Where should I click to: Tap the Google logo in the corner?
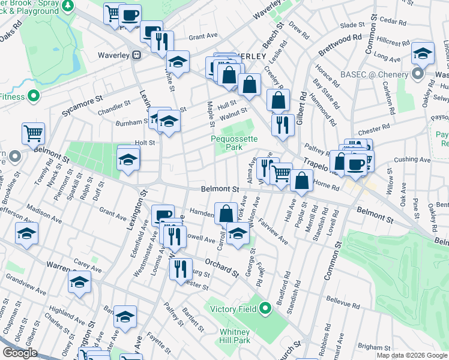pos(20,353)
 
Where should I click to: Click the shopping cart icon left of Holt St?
pos(33,134)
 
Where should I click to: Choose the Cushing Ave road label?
pos(412,160)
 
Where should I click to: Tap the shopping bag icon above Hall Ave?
pos(302,180)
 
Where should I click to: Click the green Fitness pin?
pos(34,95)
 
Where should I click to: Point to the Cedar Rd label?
pos(393,21)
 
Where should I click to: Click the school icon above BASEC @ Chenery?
pos(423,55)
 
